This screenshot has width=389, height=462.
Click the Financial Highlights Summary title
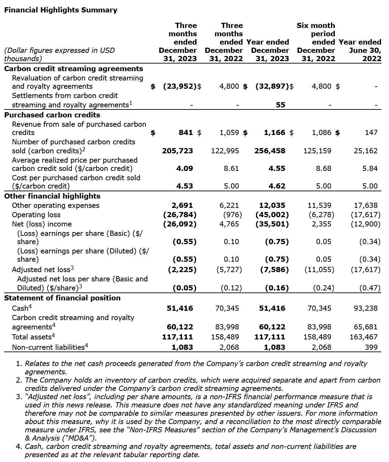pos(60,10)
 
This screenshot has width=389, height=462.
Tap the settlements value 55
pos(281,105)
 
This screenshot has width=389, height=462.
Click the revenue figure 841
pos(186,132)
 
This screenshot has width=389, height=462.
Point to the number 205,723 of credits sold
pos(178,151)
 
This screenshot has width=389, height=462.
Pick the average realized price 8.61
pos(231,168)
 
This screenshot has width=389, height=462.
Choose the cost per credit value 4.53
pos(184,186)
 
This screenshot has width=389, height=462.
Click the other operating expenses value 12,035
pos(272,205)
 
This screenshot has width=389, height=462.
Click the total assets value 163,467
pos(364,337)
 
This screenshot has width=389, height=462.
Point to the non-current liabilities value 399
pos(371,347)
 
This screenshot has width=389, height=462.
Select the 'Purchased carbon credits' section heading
pos(52,115)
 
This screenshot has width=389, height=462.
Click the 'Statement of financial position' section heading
pos(62,298)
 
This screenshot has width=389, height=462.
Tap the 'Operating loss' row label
pos(36,214)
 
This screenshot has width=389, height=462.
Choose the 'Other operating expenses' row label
pos(55,205)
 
